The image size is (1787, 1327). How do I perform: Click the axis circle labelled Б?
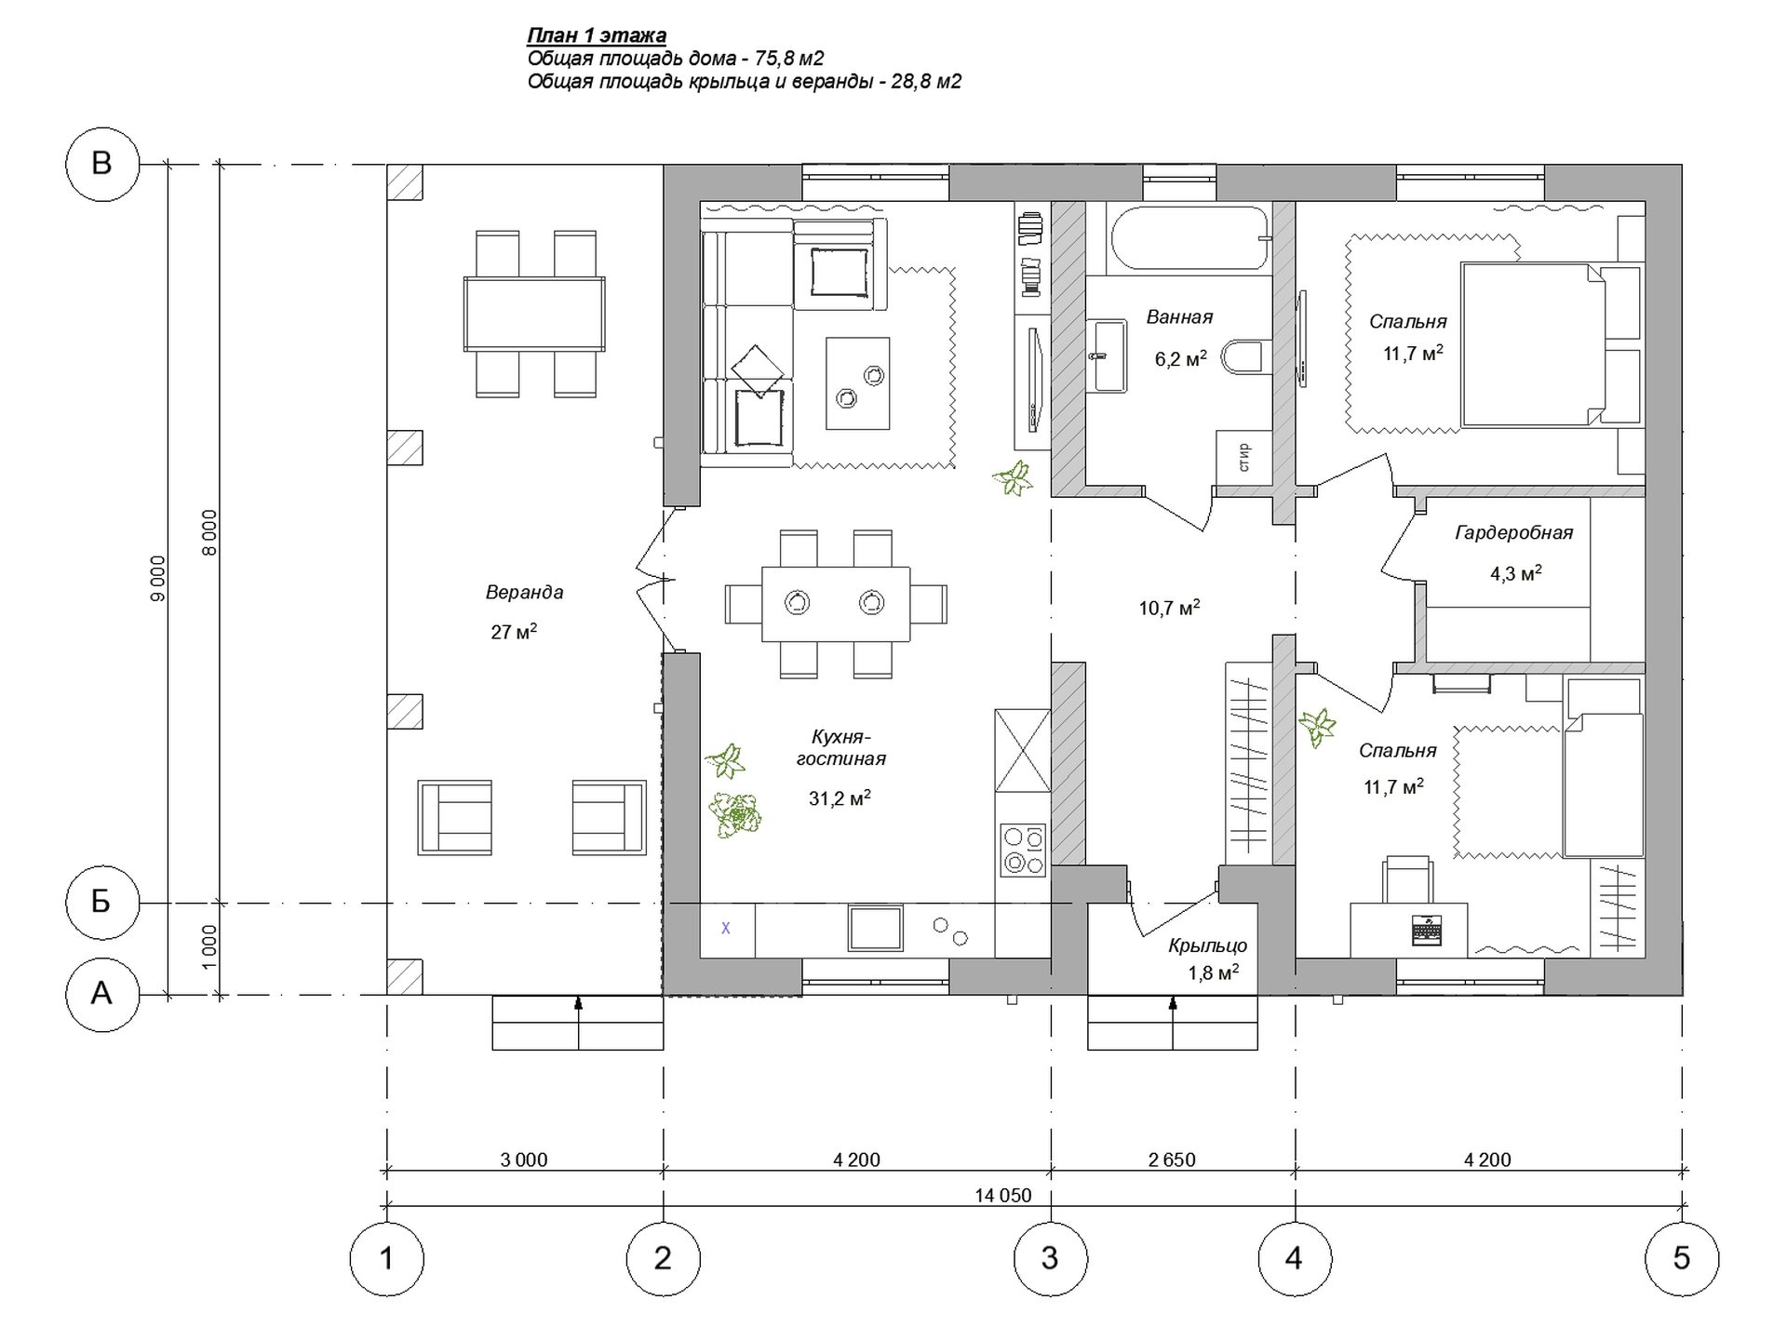click(101, 902)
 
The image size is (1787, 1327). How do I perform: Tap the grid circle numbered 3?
click(1051, 1259)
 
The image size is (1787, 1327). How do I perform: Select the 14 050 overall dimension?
click(1003, 1196)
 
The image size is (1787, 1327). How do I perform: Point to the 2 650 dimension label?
click(1172, 1160)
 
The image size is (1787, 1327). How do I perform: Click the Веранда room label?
click(524, 592)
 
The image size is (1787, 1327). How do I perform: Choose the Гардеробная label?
click(1514, 533)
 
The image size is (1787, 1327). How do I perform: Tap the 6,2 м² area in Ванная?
click(1181, 358)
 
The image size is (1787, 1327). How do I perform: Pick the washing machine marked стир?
click(1243, 458)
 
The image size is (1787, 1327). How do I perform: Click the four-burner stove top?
click(1023, 850)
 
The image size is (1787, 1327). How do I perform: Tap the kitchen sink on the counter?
click(875, 929)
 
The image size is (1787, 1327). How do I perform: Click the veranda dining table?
click(534, 314)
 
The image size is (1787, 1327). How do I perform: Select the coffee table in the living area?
click(857, 383)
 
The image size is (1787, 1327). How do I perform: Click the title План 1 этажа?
click(597, 36)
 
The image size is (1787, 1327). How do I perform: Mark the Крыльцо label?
click(1208, 946)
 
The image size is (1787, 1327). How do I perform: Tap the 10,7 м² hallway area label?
click(1169, 609)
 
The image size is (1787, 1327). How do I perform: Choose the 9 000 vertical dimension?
click(157, 579)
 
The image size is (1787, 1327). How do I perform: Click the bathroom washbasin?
click(1108, 355)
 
